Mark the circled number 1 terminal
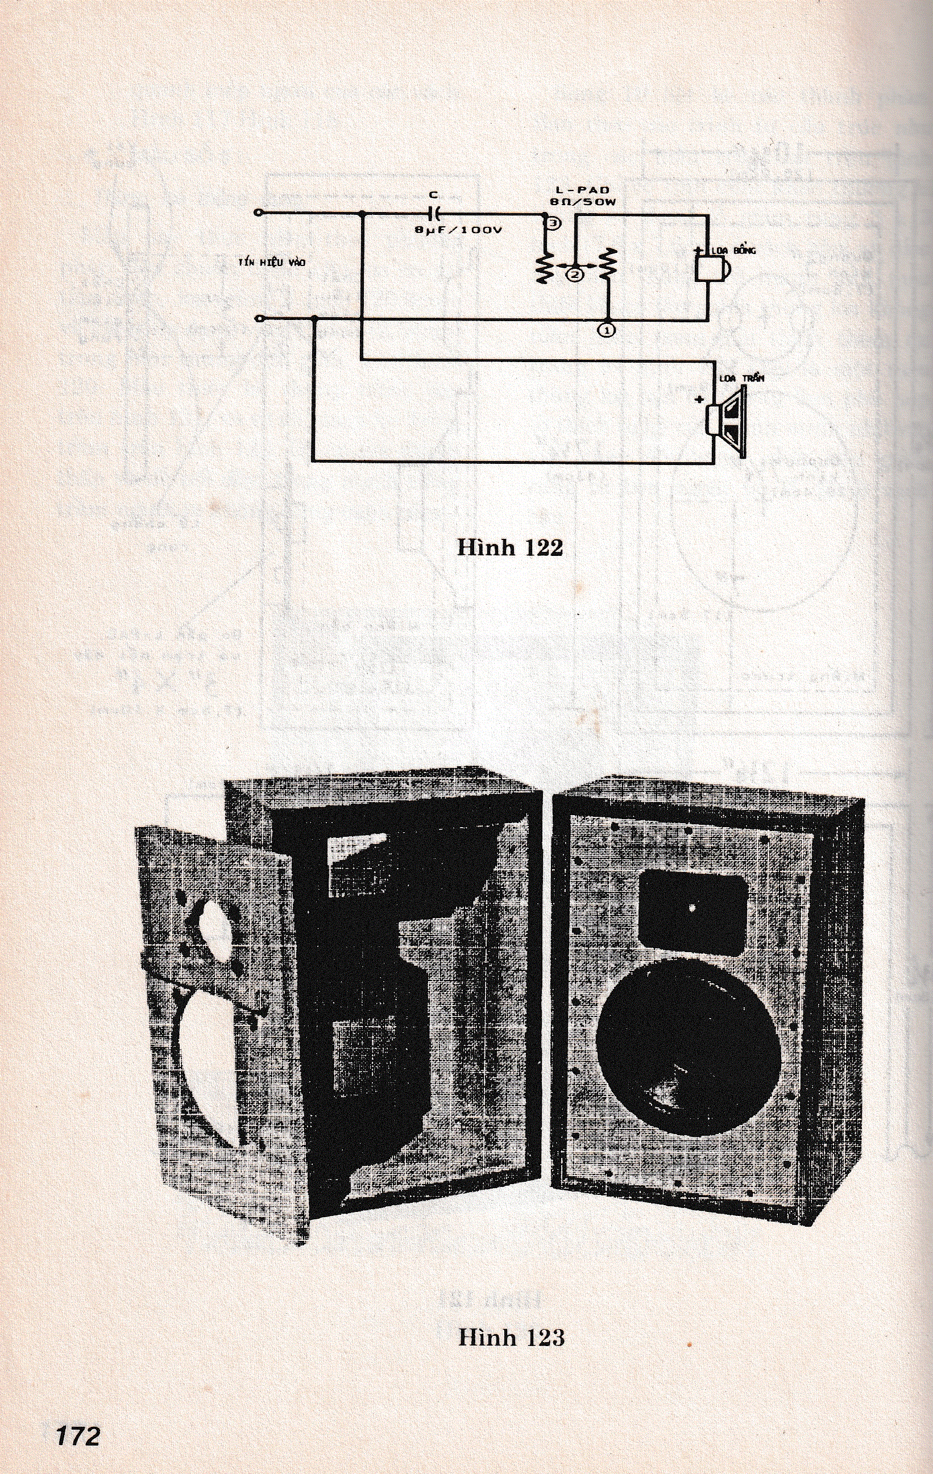(x=607, y=329)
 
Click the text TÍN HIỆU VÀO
(x=272, y=263)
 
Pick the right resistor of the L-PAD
(x=607, y=264)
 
